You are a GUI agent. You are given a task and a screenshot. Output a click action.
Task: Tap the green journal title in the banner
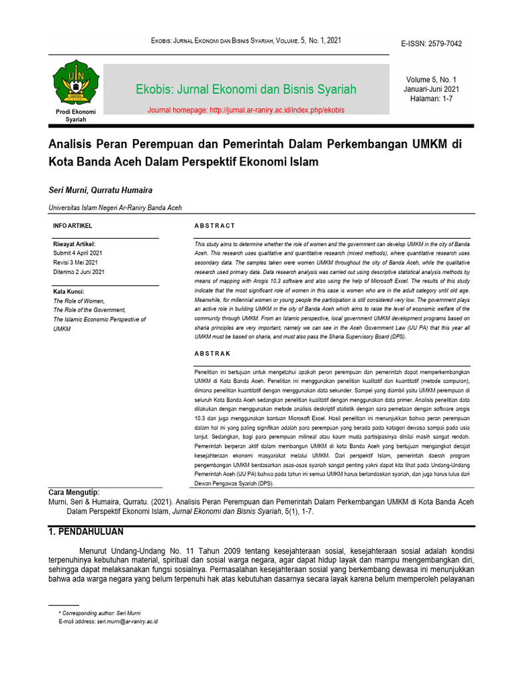246,89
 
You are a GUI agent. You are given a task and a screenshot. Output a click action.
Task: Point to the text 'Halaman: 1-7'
431,99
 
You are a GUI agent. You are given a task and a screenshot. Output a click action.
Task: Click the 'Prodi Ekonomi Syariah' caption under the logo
76,116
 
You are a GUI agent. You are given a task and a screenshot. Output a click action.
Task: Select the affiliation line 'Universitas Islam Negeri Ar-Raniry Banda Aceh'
115,207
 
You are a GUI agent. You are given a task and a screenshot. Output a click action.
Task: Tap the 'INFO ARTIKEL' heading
73,226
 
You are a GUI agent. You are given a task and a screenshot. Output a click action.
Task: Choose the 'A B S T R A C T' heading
214,226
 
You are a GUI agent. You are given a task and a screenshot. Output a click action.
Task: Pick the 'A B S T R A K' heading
212,354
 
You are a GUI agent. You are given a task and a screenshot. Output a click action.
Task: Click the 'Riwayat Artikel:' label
75,244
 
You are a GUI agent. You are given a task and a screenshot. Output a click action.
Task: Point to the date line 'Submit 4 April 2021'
78,253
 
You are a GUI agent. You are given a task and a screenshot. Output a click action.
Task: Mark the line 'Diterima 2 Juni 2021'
79,272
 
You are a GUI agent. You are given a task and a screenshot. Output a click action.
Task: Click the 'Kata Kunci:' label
69,291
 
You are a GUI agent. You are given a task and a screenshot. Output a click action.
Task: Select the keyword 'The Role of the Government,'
89,310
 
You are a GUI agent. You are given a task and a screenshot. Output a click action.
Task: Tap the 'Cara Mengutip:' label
74,491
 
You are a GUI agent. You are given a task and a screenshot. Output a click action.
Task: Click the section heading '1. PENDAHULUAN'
86,532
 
